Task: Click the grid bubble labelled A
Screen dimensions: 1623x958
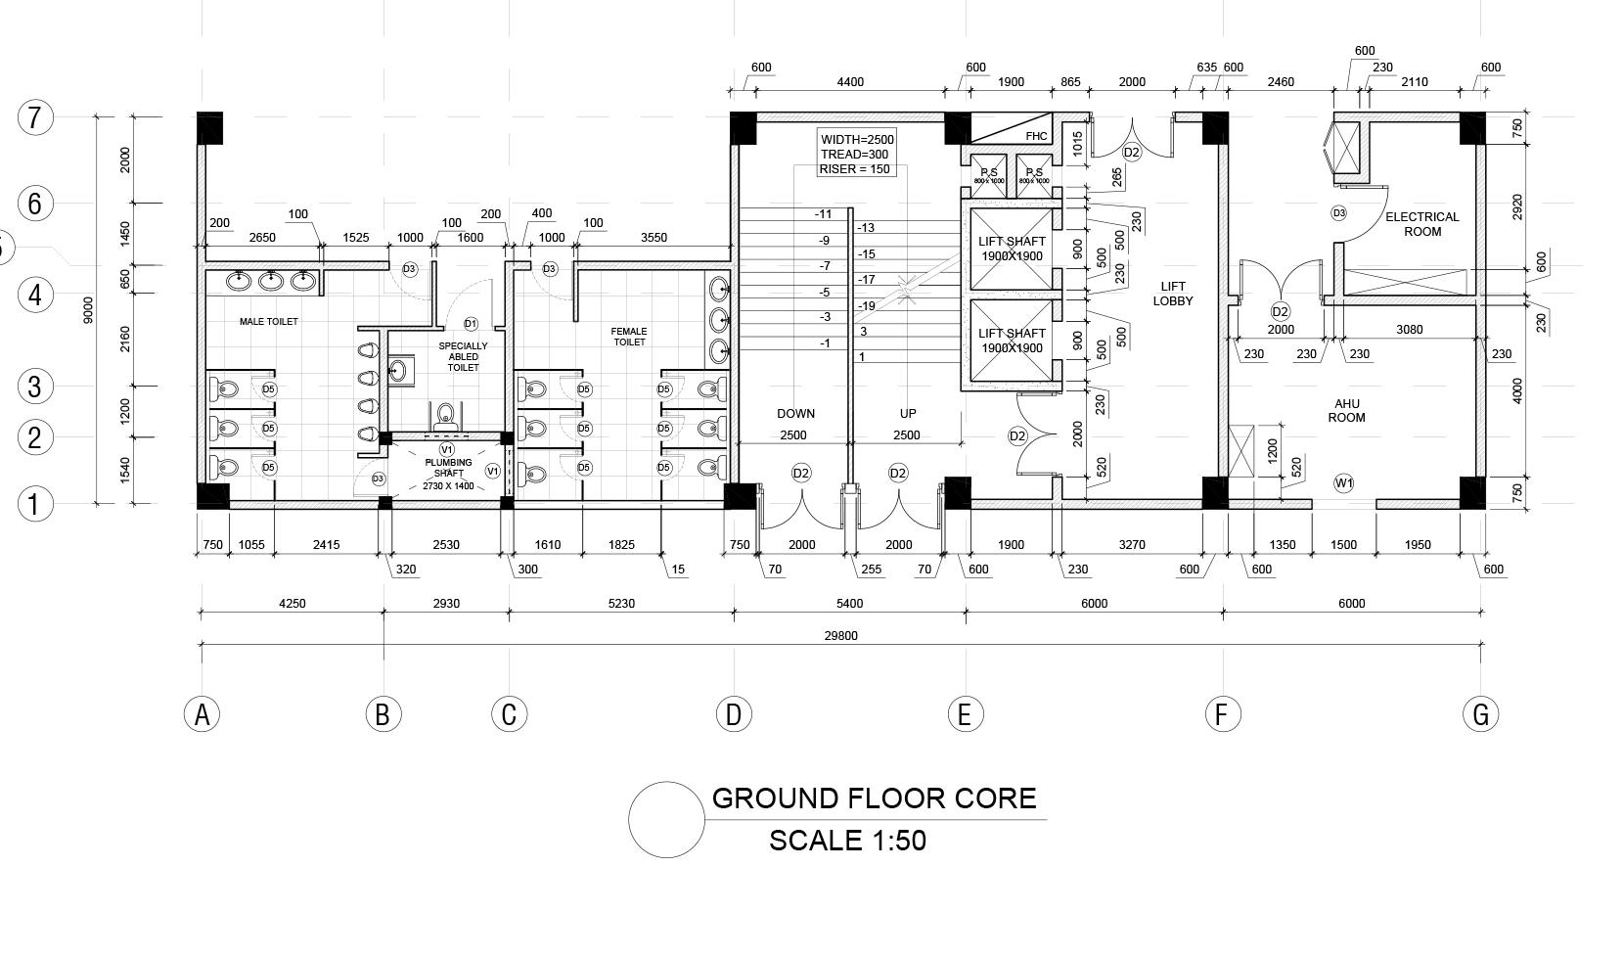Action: point(202,714)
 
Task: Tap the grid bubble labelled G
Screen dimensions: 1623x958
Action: point(1480,714)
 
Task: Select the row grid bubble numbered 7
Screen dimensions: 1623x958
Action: point(35,117)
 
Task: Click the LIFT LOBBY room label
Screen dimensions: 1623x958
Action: point(1172,294)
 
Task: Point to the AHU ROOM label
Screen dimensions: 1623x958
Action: point(1346,410)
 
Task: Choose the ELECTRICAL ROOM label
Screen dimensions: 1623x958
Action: point(1421,224)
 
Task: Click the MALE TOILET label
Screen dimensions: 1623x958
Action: point(269,321)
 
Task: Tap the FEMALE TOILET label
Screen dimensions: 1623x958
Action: point(630,337)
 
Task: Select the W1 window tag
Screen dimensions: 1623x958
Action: point(1344,482)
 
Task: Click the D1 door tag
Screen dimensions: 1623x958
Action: point(471,324)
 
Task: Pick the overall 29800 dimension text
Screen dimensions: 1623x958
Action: point(840,636)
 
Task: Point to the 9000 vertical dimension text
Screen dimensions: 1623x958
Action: point(88,310)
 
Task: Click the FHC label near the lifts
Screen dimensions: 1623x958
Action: point(1036,136)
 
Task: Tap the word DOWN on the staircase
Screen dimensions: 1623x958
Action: point(795,414)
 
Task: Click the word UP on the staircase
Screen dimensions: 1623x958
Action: point(908,414)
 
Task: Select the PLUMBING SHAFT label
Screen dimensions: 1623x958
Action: point(448,468)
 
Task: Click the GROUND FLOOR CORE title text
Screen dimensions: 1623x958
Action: point(874,798)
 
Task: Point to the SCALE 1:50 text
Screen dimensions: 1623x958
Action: point(847,841)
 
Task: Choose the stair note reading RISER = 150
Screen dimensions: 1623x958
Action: point(855,169)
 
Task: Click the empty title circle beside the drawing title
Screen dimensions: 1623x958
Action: point(666,820)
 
